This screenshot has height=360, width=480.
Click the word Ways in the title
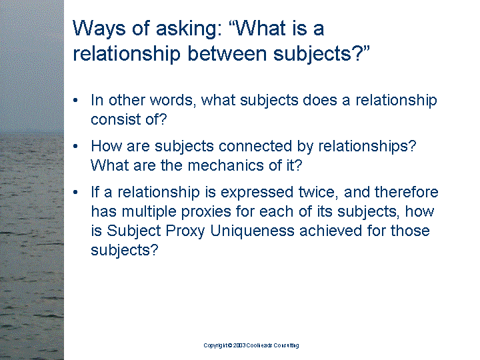coord(99,29)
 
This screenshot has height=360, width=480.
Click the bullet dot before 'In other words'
coord(75,100)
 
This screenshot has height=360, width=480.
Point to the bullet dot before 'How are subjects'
coord(75,146)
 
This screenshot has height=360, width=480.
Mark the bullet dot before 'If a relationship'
coord(75,192)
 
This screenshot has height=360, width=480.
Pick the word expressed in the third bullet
coord(257,192)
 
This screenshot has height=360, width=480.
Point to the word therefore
coord(407,192)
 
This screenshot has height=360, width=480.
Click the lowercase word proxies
coord(206,212)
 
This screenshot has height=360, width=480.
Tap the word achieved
coord(331,231)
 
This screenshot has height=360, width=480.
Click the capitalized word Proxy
coord(185,231)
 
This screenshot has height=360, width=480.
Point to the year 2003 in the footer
coord(239,345)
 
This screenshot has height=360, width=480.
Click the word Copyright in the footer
coord(217,345)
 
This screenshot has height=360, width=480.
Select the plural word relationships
coord(367,146)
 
